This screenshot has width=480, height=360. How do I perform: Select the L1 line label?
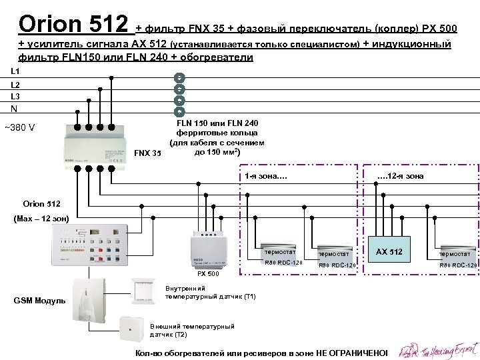(x=15, y=71)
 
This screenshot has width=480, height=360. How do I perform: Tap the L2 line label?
(x=15, y=85)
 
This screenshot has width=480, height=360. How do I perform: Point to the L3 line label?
(x=15, y=97)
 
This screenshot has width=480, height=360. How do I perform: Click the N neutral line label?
(x=14, y=111)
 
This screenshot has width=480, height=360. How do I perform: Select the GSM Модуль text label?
(x=39, y=301)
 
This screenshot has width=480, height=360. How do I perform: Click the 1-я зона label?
(x=266, y=176)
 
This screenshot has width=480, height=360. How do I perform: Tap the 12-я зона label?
(x=400, y=176)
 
